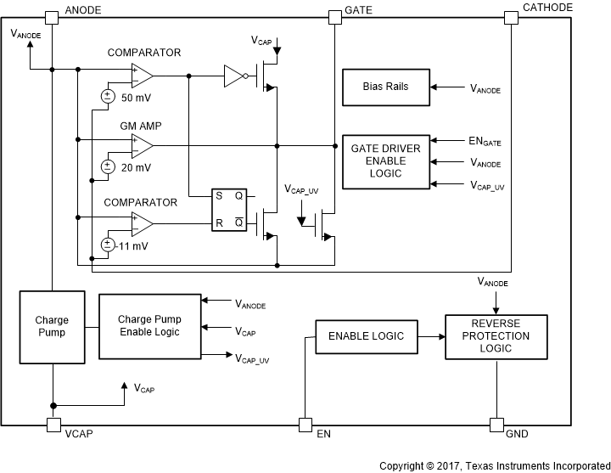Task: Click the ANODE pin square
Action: (52, 17)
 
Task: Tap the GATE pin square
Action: (335, 17)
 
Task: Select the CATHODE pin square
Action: (511, 17)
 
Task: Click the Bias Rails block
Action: (386, 87)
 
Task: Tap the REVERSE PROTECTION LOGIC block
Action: (496, 336)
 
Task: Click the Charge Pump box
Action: (52, 327)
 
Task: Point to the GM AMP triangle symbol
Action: (142, 145)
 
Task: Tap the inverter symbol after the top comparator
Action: (234, 76)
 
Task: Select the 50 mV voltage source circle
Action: (108, 96)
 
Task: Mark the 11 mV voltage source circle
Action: (108, 245)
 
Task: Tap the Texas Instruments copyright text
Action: (493, 465)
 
